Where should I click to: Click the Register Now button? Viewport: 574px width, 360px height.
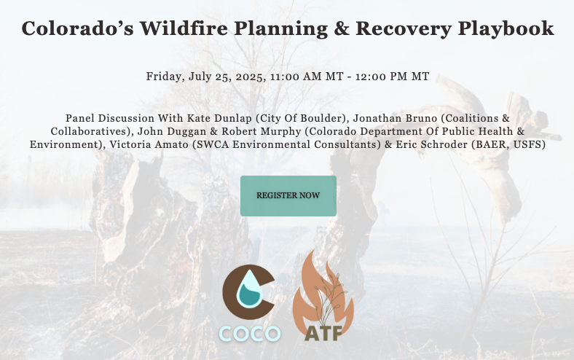coord(288,196)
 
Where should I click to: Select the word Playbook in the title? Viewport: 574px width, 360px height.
coord(506,29)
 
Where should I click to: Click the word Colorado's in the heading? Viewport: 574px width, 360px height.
coord(78,28)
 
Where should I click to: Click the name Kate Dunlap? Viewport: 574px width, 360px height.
coord(219,118)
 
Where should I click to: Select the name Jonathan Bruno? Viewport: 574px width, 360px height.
coord(395,118)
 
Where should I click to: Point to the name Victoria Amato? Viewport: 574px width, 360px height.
coord(149,144)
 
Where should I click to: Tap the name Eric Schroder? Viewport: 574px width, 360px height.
coord(432,144)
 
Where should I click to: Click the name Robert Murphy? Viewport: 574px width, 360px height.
coord(261,131)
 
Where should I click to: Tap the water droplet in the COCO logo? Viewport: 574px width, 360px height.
coord(249,289)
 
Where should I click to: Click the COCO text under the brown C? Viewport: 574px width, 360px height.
coord(250,333)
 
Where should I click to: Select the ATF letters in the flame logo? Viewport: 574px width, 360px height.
coord(323,333)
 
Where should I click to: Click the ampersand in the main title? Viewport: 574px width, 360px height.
coord(341,28)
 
